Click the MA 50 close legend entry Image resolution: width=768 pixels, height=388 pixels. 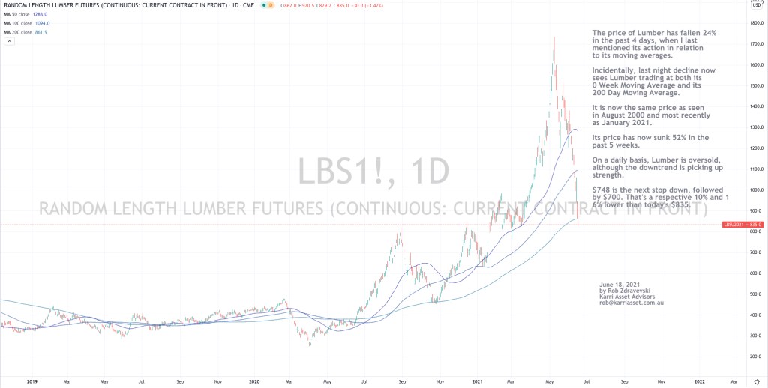point(18,14)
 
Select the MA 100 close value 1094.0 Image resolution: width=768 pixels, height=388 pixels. point(39,23)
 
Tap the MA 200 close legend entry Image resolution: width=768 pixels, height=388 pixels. point(18,32)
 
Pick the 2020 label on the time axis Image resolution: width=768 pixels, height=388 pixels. point(254,381)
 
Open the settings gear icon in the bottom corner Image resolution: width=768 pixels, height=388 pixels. point(756,381)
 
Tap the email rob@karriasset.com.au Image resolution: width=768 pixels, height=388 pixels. point(631,303)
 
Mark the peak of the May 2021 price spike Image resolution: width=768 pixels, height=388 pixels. point(554,36)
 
